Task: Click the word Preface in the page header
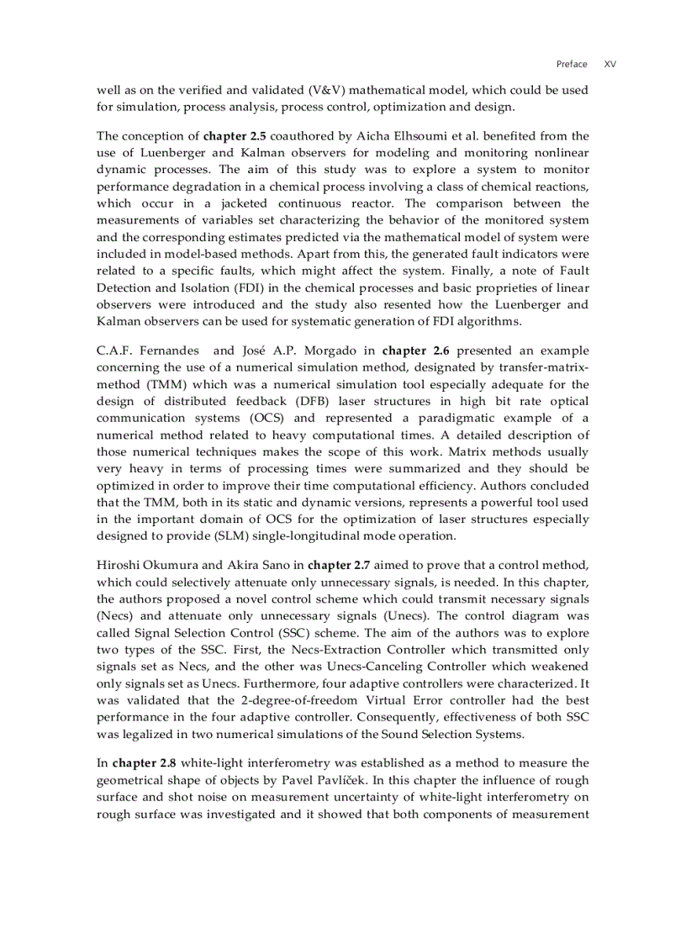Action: click(572, 64)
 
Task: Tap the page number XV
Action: click(610, 64)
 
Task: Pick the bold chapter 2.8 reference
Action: click(145, 763)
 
